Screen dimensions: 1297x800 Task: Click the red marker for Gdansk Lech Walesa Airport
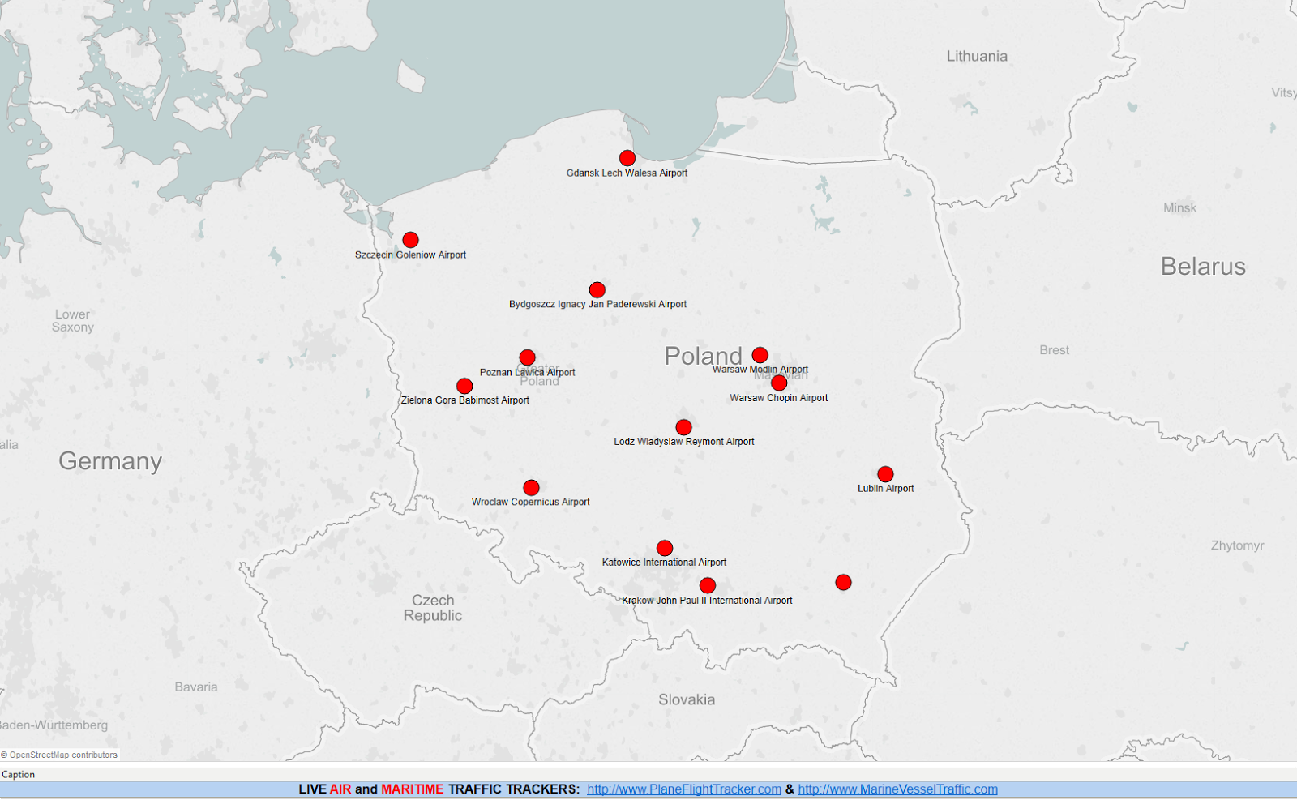627,158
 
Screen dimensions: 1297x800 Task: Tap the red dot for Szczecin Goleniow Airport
411,240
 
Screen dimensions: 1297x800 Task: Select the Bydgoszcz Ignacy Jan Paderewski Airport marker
597,290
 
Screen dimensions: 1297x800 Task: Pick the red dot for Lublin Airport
885,474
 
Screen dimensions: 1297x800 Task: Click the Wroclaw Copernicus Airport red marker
531,488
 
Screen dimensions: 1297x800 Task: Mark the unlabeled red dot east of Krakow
843,583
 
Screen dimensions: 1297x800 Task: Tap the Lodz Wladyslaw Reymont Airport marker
683,427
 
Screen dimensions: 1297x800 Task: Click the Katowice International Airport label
664,563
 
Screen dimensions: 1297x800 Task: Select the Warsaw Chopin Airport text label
778,398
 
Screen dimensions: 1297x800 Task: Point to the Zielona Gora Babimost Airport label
464,400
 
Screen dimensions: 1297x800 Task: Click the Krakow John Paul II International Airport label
707,601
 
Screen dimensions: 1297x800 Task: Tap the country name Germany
110,461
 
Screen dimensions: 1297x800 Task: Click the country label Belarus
1203,267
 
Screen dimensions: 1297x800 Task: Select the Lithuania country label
977,56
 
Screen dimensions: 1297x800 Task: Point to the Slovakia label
687,699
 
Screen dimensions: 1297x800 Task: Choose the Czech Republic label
433,608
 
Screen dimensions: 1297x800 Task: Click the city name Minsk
1179,208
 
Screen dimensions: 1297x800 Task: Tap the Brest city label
1054,350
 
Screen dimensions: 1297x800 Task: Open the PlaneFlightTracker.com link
684,789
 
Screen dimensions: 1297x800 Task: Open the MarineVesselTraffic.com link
897,789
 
